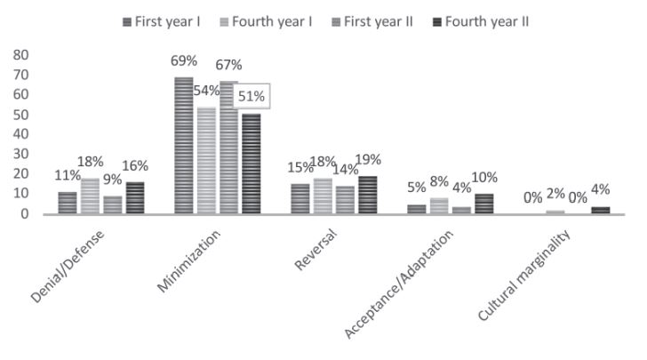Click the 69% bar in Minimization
click(184, 146)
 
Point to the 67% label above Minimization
click(228, 66)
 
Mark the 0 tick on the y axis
click(25, 214)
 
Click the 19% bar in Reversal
click(368, 195)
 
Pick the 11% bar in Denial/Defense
click(68, 203)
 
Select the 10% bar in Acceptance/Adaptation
click(484, 204)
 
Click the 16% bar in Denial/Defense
click(135, 198)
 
